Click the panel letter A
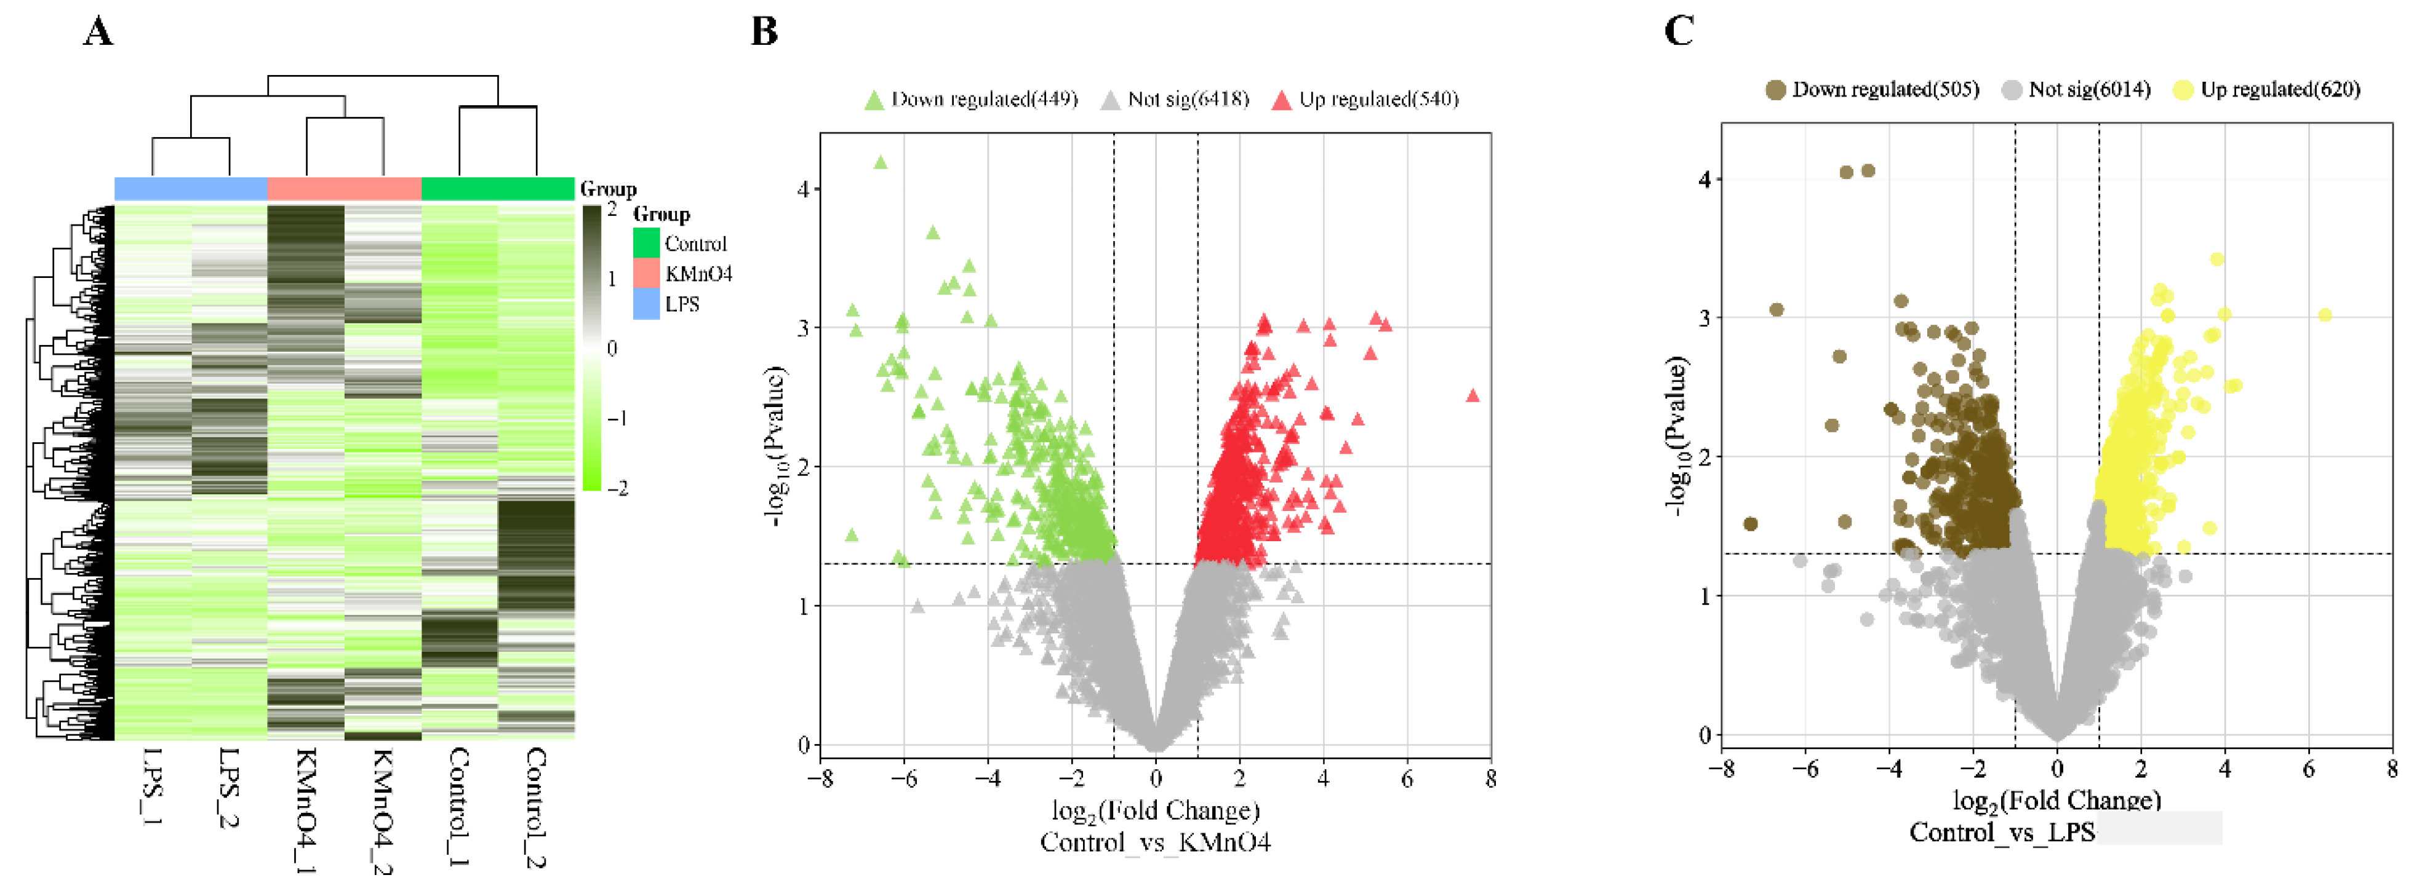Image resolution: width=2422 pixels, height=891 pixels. tap(98, 32)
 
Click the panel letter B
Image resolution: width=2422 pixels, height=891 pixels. tap(764, 32)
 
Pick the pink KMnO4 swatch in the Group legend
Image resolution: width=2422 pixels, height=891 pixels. tap(646, 274)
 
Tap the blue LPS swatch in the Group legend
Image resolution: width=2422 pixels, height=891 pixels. tap(646, 304)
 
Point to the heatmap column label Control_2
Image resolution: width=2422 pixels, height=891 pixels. tap(536, 806)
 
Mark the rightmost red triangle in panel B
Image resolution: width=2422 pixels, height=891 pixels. tap(1473, 395)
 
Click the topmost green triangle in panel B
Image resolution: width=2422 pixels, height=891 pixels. tap(881, 162)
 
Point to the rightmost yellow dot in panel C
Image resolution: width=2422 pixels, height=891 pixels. tap(2324, 315)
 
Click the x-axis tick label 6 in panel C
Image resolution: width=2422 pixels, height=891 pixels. tap(2308, 769)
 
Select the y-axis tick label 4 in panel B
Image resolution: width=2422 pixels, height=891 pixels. tap(803, 189)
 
